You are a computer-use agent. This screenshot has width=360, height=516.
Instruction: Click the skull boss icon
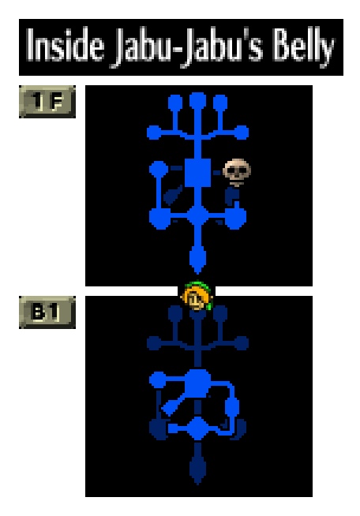coord(237,172)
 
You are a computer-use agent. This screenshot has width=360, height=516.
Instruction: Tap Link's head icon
coord(197,296)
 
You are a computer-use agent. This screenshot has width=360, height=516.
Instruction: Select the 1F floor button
coord(47,101)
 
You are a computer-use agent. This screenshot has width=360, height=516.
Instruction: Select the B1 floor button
coord(47,312)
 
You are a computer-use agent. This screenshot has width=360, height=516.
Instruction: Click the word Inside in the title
coord(65,45)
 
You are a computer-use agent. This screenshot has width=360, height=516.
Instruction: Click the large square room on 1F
coord(197,173)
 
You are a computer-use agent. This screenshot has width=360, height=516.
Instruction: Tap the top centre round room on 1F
coord(197,100)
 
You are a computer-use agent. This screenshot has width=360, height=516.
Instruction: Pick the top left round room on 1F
coord(175,103)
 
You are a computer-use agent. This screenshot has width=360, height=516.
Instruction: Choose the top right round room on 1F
coord(220,103)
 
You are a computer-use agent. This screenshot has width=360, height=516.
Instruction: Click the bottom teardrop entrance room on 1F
coord(197,259)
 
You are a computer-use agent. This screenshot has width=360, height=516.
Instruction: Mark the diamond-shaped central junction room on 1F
coord(197,216)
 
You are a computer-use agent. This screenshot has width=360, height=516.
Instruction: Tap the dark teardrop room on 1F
coord(173,195)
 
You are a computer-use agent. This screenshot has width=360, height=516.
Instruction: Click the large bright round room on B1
coord(197,383)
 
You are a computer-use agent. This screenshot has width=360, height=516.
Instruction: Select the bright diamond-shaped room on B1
coord(197,428)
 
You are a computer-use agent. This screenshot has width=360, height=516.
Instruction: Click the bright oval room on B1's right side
coord(232,407)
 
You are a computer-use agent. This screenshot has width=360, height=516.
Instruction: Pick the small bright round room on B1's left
coord(157,380)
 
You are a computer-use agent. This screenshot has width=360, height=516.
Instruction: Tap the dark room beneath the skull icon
coord(232,196)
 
